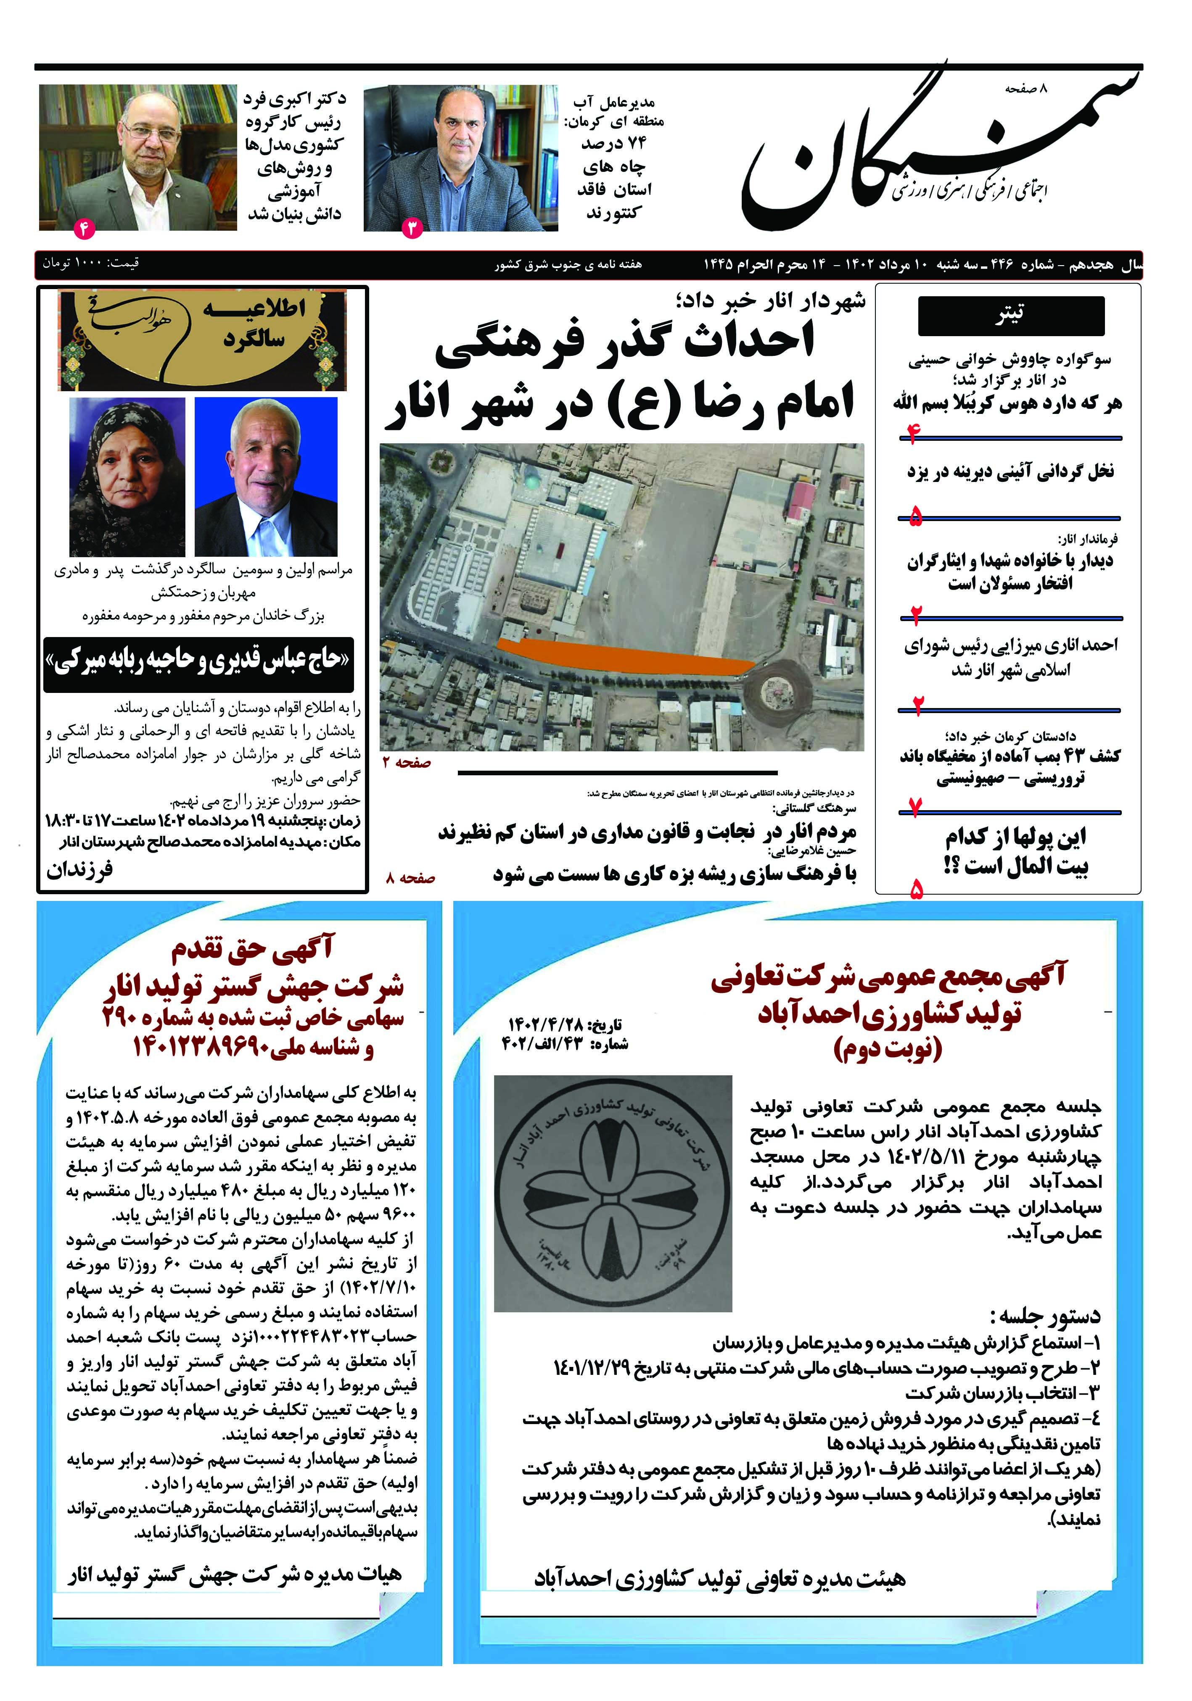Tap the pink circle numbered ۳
pyautogui.click(x=411, y=228)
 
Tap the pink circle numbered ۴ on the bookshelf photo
pyautogui.click(x=84, y=229)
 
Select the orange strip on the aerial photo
pyautogui.click(x=623, y=657)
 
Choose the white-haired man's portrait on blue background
pyautogui.click(x=265, y=477)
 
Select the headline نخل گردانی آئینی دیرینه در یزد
pyautogui.click(x=1010, y=471)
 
